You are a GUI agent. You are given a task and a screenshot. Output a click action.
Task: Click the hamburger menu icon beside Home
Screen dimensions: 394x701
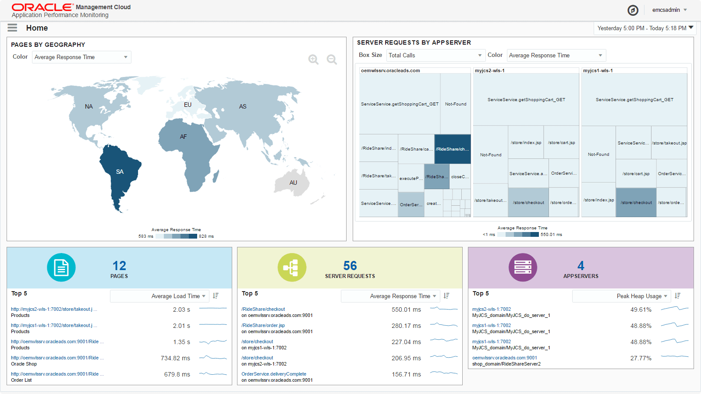coord(12,28)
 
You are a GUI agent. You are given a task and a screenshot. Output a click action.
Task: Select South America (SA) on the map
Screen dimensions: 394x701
coord(120,172)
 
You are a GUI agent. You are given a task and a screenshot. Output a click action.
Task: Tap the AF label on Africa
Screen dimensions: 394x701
coord(183,137)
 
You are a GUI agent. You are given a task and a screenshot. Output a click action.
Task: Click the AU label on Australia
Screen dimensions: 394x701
coord(293,183)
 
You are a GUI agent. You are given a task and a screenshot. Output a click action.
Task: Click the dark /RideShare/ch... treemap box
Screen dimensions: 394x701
coord(452,149)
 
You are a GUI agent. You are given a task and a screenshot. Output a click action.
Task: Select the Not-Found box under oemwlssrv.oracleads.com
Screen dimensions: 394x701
coord(456,104)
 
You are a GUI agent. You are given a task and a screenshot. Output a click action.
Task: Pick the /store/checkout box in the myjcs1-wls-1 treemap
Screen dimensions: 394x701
coord(636,202)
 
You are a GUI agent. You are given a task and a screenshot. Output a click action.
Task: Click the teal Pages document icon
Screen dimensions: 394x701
coord(61,267)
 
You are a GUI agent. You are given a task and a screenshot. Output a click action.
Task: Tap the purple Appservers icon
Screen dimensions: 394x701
coord(523,267)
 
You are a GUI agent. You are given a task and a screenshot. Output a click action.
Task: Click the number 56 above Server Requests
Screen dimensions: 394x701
coord(350,266)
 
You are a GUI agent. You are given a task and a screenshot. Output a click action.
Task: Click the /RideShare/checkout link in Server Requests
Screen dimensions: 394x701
coord(263,309)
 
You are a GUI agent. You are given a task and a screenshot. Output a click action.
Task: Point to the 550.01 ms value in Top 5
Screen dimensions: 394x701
coord(406,310)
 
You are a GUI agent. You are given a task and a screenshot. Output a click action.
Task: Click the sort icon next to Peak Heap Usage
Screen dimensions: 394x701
coord(678,296)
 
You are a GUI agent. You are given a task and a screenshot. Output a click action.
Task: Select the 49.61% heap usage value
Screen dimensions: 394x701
coord(641,310)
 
